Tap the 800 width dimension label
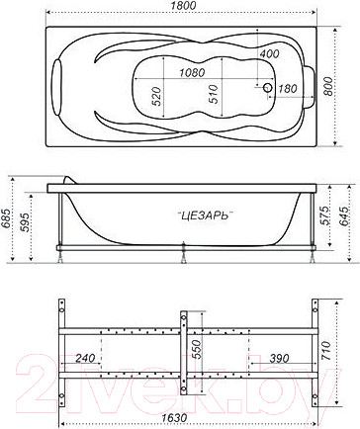(327, 86)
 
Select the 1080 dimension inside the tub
(192, 72)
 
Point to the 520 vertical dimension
(157, 96)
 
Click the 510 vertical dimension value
(214, 94)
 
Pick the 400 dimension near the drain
(269, 53)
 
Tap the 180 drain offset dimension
(288, 88)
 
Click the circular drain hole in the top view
(267, 88)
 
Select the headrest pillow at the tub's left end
(57, 87)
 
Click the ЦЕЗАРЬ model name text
(206, 215)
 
